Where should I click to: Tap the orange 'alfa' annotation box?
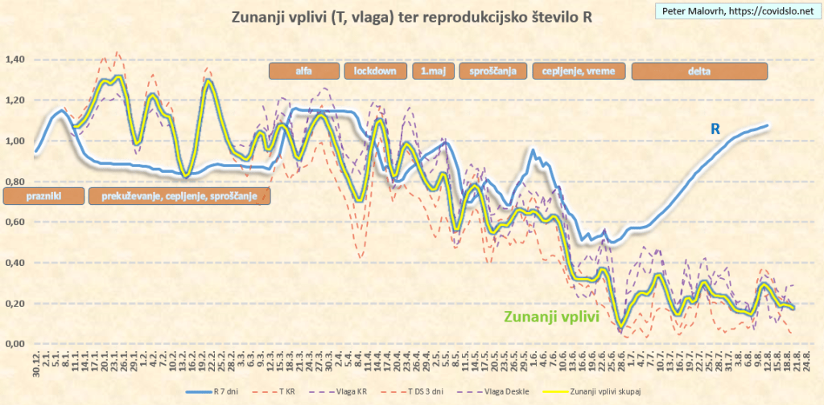[304, 71]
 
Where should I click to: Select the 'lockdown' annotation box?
[375, 71]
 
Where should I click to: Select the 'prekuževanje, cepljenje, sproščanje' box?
[179, 195]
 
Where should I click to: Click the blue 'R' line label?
[714, 129]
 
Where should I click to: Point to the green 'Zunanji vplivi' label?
[551, 317]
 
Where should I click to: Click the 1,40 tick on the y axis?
[15, 59]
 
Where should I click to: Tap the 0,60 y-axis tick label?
[15, 223]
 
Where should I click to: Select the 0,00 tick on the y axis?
[15, 344]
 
